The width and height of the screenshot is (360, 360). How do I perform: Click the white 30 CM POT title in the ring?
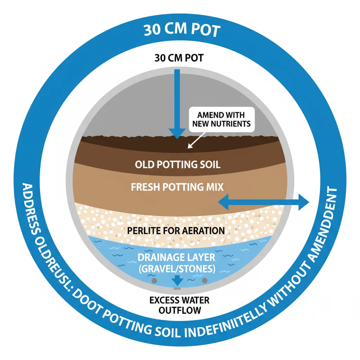[x=181, y=31]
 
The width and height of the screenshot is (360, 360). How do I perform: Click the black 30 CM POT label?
[x=179, y=58]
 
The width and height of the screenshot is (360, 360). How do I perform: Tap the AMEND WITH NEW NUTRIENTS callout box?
[x=221, y=120]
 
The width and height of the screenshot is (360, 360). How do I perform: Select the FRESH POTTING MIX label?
[x=177, y=187]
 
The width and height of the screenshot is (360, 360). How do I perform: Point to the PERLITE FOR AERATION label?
[x=176, y=231]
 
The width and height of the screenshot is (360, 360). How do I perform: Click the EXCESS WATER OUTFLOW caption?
[x=179, y=305]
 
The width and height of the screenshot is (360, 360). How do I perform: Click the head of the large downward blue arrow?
[x=177, y=133]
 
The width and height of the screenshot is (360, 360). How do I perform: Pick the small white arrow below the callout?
[x=192, y=142]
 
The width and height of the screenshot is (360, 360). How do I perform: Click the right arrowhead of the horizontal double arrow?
[x=303, y=201]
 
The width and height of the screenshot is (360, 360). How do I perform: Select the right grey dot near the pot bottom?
[x=205, y=281]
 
